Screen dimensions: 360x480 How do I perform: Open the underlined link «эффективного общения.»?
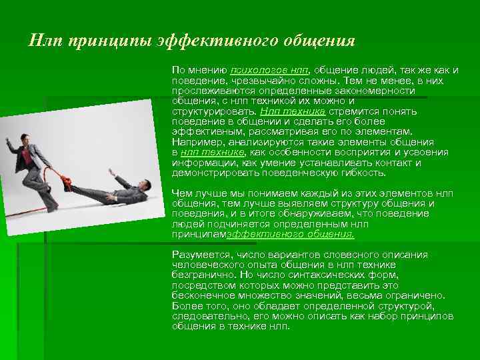click(x=291, y=234)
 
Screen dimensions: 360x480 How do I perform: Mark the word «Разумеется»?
click(x=199, y=255)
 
